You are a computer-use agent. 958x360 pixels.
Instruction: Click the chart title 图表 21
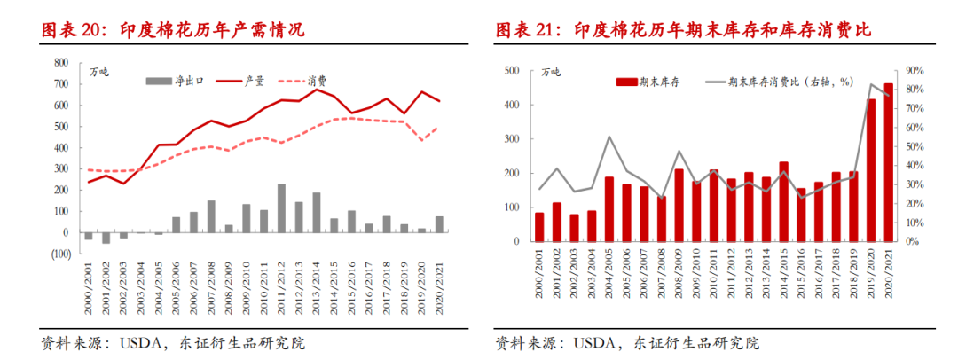[682, 29]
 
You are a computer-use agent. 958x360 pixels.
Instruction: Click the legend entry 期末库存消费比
[781, 82]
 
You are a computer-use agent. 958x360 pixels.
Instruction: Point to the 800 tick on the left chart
[61, 63]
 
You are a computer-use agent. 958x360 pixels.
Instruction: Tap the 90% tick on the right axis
[915, 70]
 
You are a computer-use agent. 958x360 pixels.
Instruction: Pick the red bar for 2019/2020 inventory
[872, 170]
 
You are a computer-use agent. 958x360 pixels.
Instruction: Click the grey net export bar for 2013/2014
[316, 213]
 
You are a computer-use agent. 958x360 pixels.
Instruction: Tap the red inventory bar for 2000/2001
[539, 226]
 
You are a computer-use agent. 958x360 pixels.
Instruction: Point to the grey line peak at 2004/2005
[609, 137]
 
